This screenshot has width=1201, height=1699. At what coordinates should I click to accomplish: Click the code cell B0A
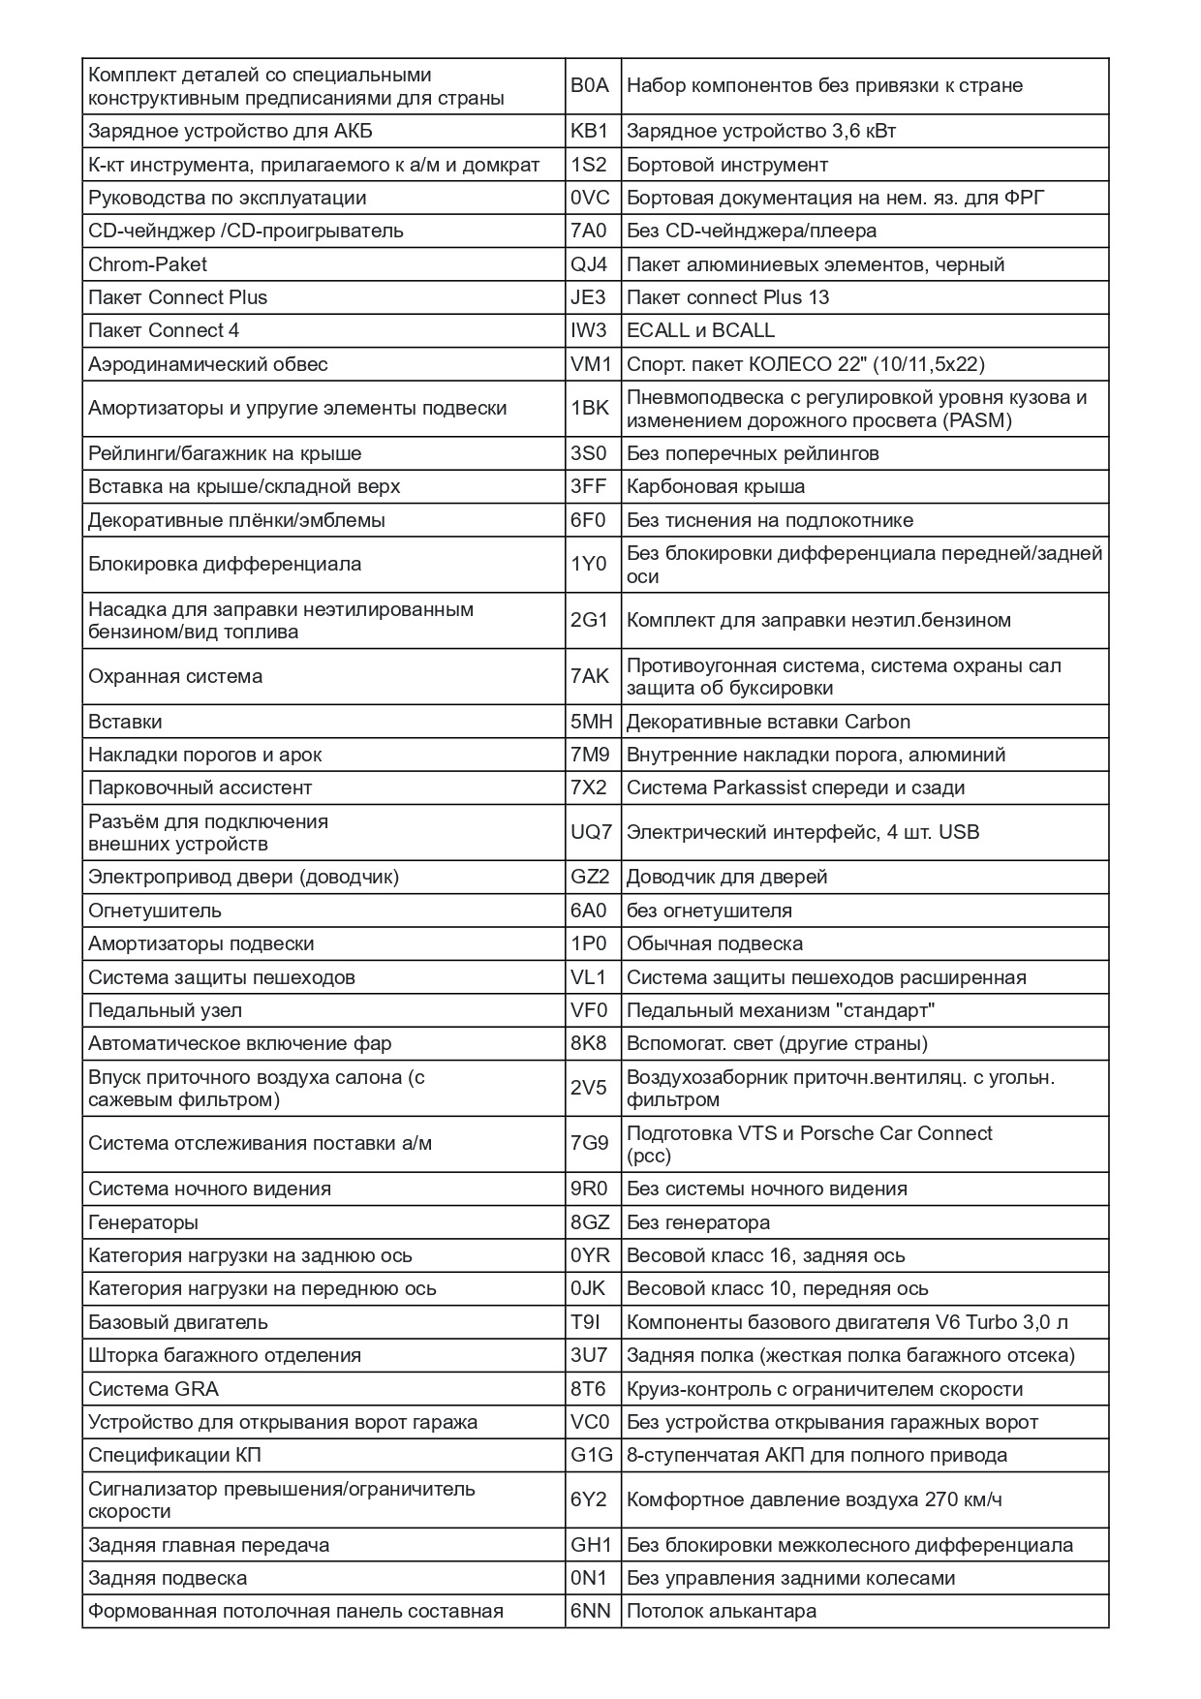(590, 85)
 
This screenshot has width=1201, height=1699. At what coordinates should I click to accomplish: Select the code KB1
(589, 131)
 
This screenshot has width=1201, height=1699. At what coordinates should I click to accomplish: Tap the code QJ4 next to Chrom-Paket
(589, 264)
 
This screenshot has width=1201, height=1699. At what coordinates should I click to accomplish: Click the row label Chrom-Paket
(147, 264)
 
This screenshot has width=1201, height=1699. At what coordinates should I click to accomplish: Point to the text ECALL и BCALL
(700, 330)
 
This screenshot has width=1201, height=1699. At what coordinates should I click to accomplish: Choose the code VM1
(591, 364)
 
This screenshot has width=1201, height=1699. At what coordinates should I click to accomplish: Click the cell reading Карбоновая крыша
(716, 486)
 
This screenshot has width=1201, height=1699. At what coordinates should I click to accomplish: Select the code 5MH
(591, 722)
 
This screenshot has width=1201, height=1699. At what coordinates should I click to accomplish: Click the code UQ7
(591, 832)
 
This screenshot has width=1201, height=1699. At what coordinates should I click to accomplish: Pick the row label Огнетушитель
(155, 911)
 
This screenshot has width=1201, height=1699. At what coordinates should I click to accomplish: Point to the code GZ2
(590, 877)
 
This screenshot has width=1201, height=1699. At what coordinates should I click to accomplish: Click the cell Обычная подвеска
(715, 943)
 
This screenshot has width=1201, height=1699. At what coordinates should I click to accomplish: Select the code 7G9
(589, 1143)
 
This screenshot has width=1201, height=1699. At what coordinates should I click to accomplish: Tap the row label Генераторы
(143, 1222)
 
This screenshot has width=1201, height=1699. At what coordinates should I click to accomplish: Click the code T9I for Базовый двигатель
(586, 1322)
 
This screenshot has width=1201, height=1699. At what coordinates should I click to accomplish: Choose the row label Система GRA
(153, 1389)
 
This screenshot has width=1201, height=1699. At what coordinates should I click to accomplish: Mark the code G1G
(591, 1455)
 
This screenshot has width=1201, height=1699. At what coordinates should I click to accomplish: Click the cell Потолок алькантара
(722, 1611)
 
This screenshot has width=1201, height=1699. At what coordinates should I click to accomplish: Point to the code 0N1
(588, 1578)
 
